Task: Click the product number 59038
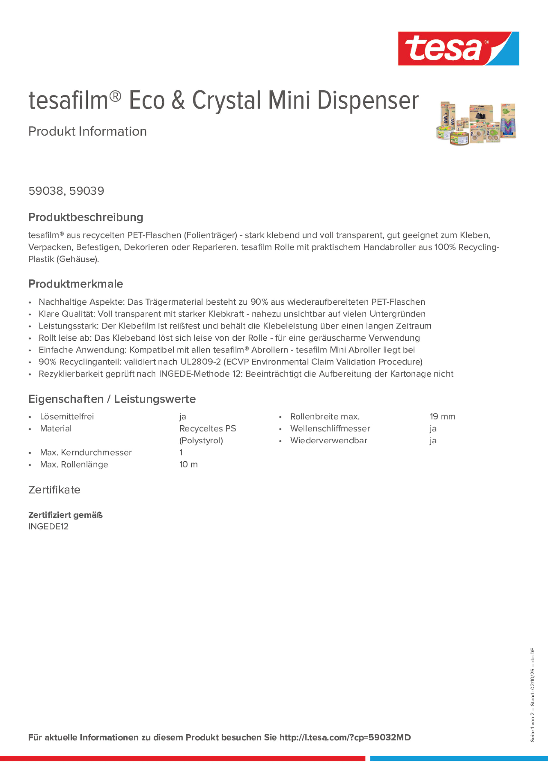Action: (46, 191)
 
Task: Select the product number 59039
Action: (87, 191)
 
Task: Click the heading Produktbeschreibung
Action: (85, 217)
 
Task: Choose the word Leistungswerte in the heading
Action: (155, 399)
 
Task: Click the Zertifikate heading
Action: (54, 490)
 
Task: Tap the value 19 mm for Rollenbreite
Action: (442, 417)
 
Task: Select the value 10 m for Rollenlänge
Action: (188, 465)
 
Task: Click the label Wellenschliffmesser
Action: (330, 429)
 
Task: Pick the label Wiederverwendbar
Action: (328, 440)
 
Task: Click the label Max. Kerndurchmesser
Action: (85, 453)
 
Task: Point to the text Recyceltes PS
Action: (207, 429)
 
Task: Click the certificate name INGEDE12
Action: (48, 527)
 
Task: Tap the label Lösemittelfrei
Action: (67, 417)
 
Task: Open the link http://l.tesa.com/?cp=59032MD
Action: (345, 738)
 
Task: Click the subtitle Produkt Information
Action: (87, 131)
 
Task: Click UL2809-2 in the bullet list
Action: (200, 362)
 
